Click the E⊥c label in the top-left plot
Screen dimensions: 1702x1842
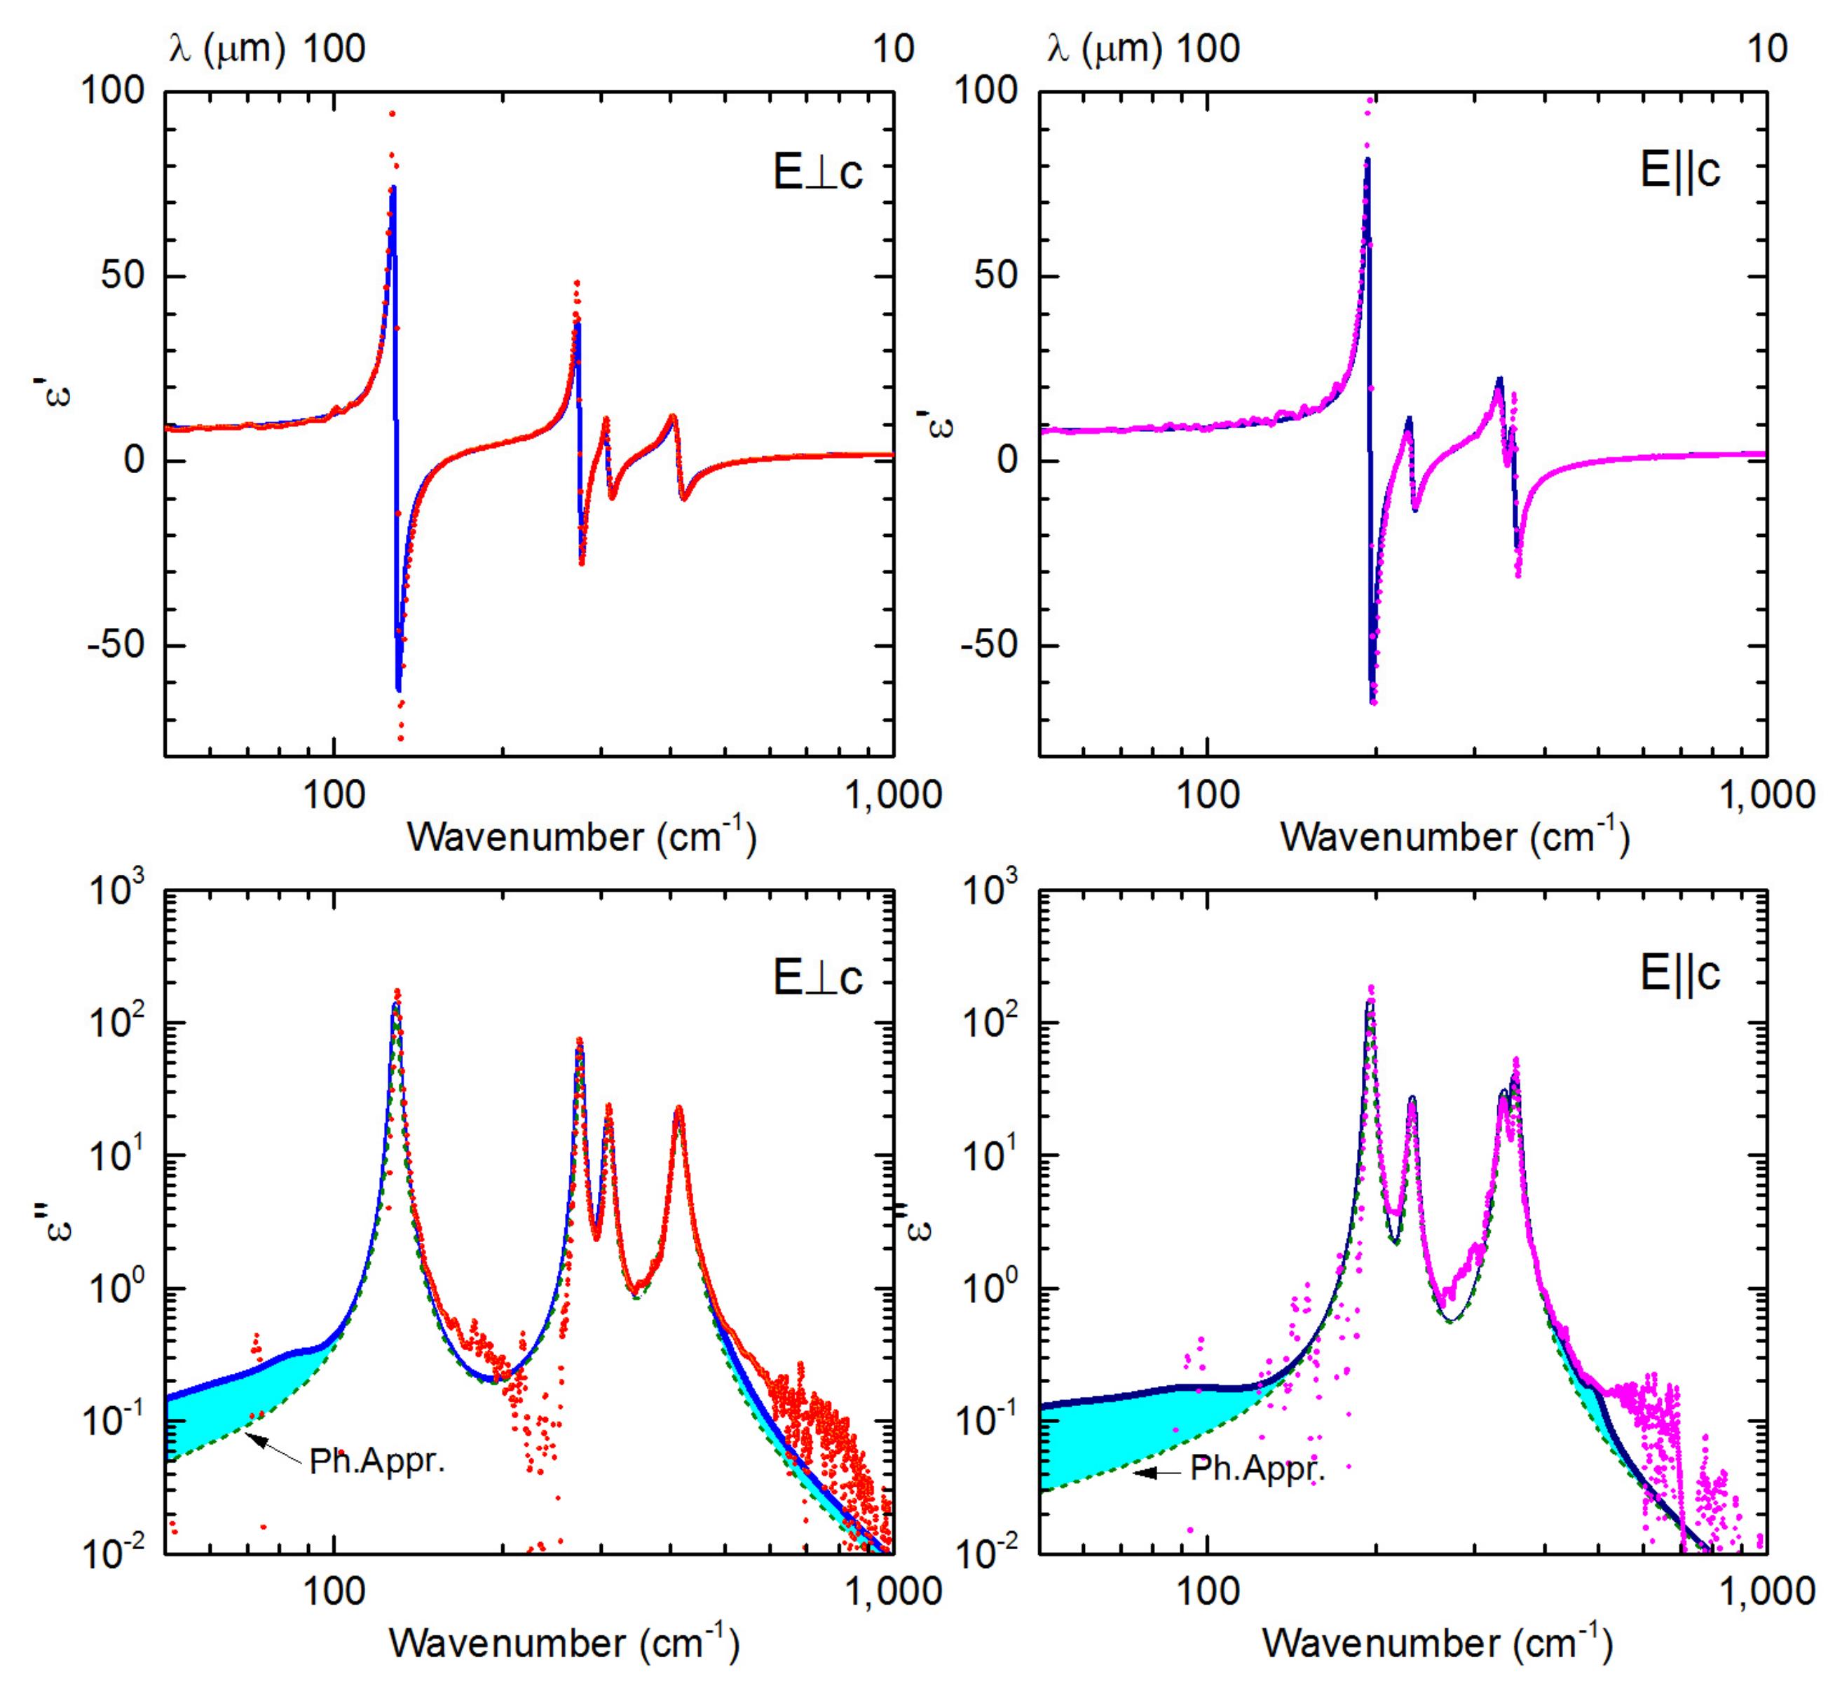point(817,172)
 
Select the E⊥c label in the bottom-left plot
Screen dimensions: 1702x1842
point(817,977)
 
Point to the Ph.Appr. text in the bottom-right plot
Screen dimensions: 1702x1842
point(1257,1468)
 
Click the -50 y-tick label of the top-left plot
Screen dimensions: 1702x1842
point(116,645)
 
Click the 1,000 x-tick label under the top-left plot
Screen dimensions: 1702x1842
point(892,794)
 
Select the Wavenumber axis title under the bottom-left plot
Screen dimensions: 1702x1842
point(564,1643)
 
